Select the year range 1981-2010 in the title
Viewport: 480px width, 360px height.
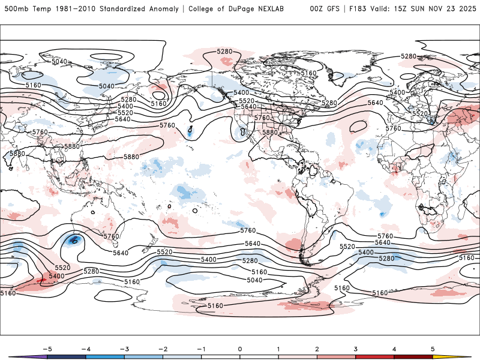(74, 9)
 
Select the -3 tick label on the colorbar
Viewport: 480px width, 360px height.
(124, 348)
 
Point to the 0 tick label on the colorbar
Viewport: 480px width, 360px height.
(240, 348)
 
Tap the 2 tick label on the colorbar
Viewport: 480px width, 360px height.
(317, 348)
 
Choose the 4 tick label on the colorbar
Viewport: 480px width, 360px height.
(394, 348)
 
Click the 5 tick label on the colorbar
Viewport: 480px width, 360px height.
(433, 348)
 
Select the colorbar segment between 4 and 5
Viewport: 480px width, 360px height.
(413, 356)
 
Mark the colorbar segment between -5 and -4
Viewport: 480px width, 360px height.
(67, 356)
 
